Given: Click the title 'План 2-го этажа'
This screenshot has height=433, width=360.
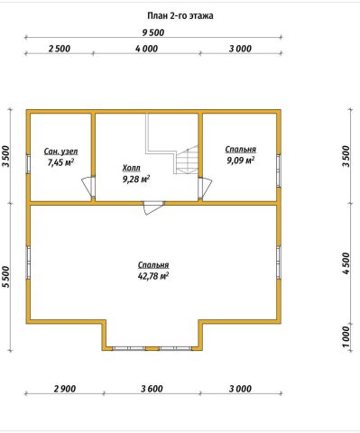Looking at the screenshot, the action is point(180,16).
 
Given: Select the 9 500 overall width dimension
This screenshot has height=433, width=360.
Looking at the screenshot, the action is point(153,32).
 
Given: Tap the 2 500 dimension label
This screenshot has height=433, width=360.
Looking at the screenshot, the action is point(60,49).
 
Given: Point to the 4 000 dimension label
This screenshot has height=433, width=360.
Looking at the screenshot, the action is point(147,49).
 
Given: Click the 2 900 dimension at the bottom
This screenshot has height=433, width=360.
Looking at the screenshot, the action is point(65,389).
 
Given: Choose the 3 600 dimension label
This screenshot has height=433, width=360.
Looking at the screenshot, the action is point(152,389).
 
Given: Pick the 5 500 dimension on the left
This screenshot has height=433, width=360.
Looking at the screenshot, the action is point(6,277).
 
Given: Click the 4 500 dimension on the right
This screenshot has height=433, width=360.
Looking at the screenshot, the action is point(346,263).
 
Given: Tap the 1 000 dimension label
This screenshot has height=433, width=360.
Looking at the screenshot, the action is point(346,336).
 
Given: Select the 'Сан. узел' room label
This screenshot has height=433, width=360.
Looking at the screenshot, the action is point(61,152).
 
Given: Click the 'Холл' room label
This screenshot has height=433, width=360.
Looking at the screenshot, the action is point(132,168).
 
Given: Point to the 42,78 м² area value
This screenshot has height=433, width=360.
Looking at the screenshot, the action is point(153,276).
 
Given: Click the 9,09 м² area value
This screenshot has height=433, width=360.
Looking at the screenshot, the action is point(241,161).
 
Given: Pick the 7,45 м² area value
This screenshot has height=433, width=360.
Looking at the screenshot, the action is point(61,162).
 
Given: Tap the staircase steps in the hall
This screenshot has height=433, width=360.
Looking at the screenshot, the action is point(187,160).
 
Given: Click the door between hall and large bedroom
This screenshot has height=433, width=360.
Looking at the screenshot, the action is point(153,207).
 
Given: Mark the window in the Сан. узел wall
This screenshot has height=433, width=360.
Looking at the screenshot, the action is point(28,164).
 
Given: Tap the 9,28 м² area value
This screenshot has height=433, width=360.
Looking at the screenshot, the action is point(136,180).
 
